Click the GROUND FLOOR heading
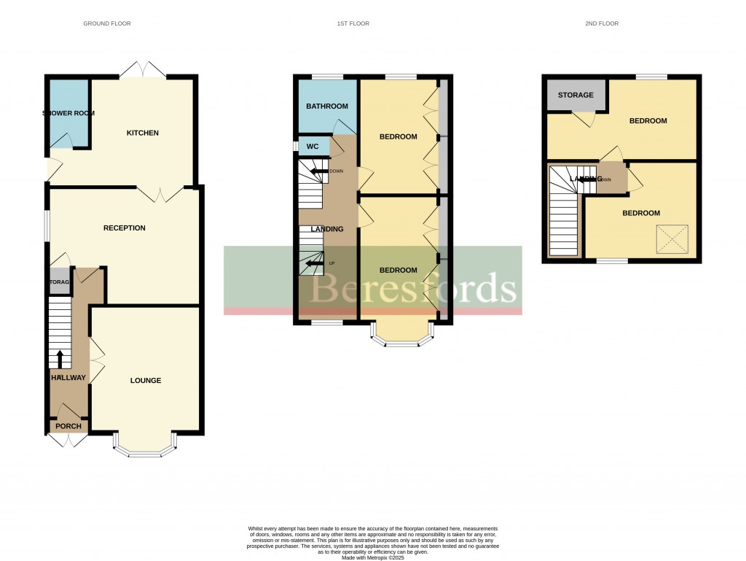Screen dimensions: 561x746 tap(107, 23)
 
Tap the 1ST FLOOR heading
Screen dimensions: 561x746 tap(353, 23)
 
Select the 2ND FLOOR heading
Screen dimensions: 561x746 tap(602, 23)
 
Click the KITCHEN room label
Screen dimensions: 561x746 tap(143, 133)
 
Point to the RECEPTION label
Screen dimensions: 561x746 tap(125, 228)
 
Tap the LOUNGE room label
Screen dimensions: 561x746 tap(146, 380)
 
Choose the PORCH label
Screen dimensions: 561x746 tap(69, 426)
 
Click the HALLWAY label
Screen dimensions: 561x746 tap(68, 377)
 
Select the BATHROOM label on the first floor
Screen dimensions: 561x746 tap(327, 107)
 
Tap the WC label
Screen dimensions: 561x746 tap(313, 147)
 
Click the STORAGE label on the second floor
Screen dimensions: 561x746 tap(576, 95)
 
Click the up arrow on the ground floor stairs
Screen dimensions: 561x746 tap(60, 358)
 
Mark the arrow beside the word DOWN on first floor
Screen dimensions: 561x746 tap(318, 171)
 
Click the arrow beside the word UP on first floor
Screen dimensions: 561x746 tap(314, 263)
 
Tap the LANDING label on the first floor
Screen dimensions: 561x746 tap(327, 229)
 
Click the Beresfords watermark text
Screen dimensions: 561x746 tap(414, 288)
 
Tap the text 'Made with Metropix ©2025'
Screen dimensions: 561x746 tap(372, 557)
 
